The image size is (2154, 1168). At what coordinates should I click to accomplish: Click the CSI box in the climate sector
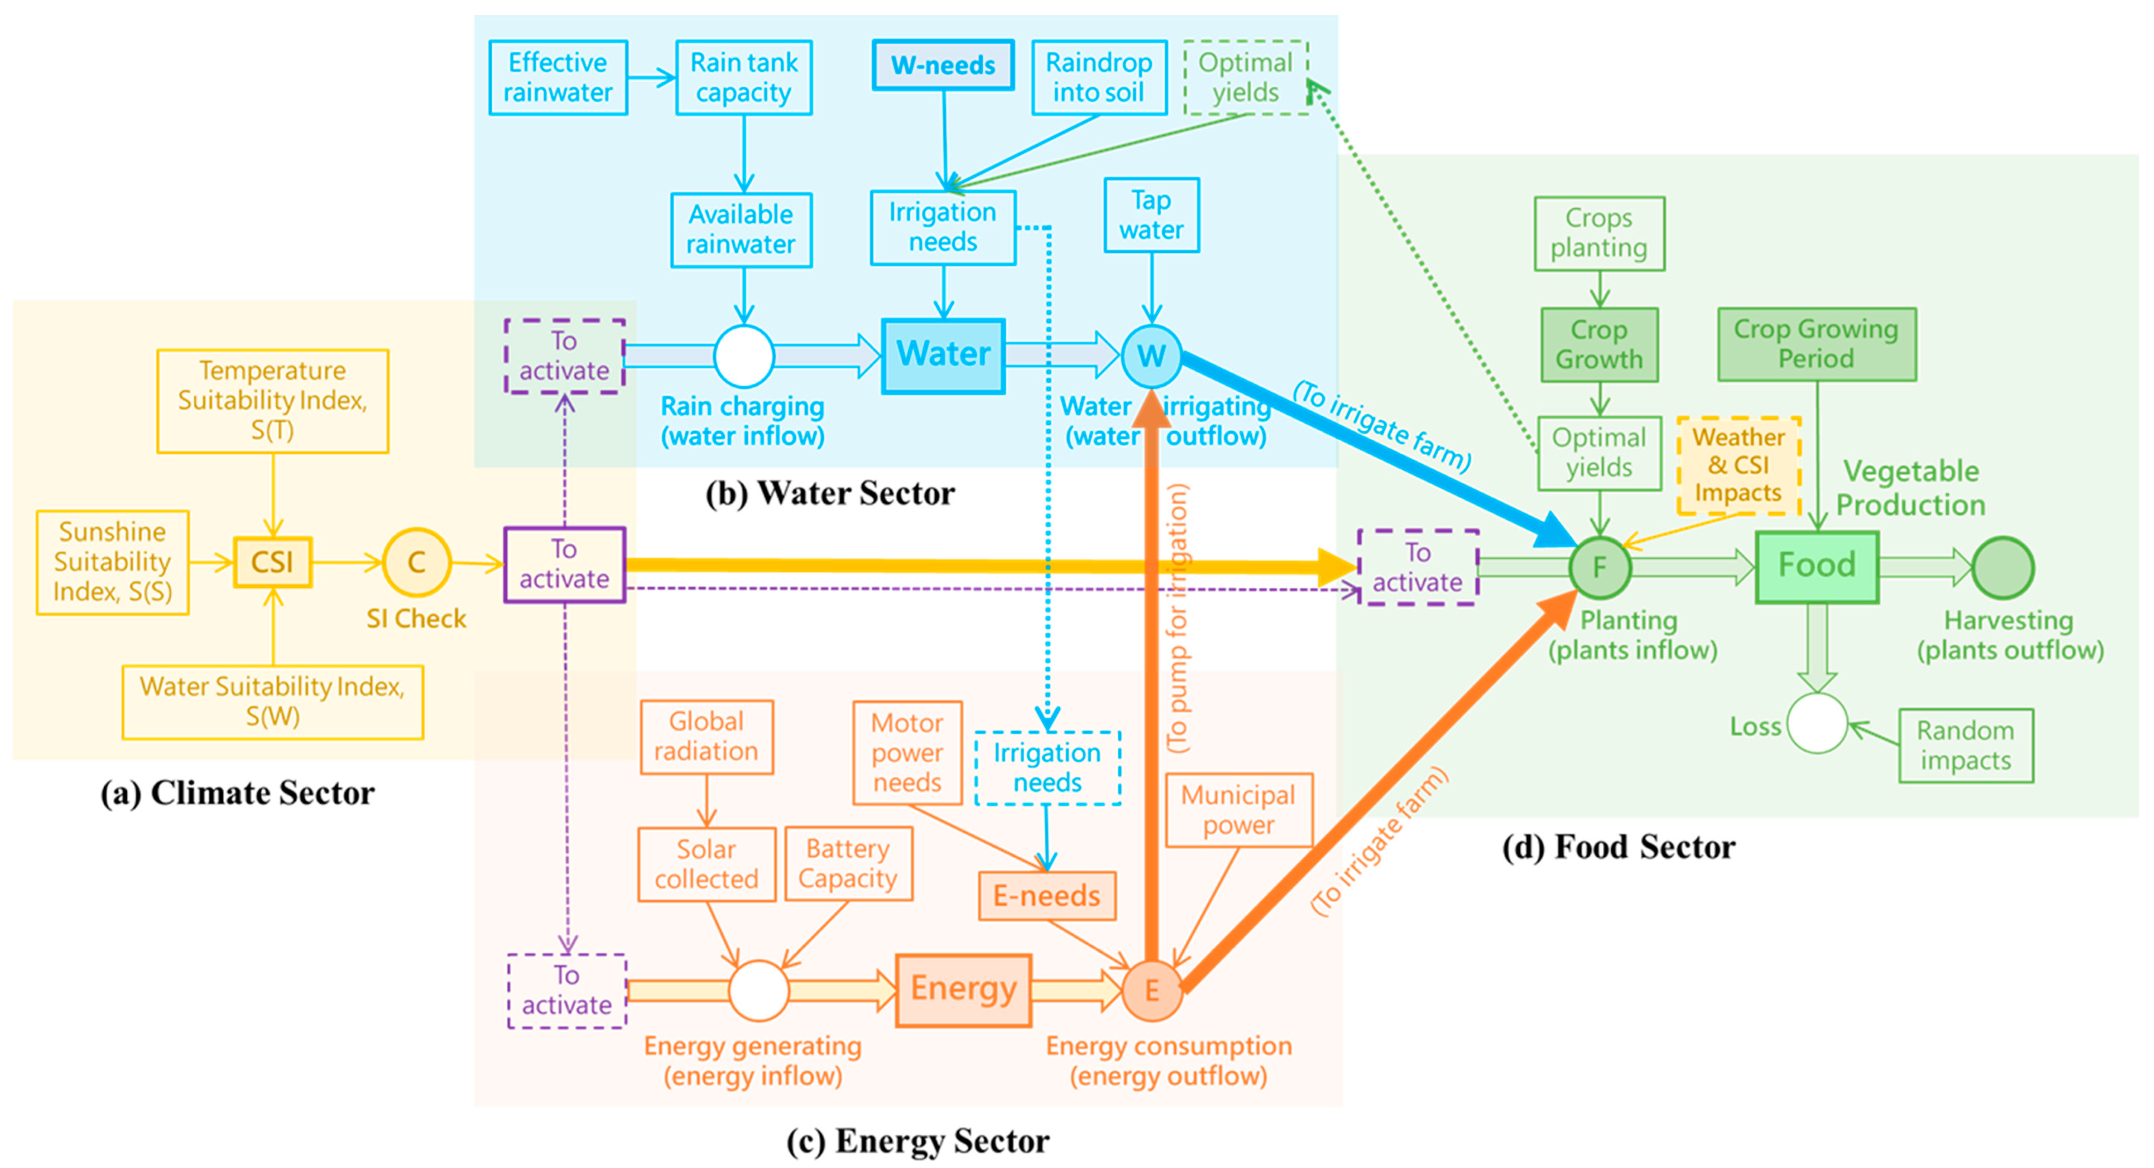[x=273, y=563]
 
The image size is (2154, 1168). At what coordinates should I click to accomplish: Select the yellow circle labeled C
[x=416, y=563]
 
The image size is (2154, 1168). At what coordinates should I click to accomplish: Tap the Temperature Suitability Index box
[x=273, y=400]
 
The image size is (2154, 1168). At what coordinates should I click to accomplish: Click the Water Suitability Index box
[x=273, y=701]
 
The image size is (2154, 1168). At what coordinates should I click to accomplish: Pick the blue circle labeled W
[x=1151, y=356]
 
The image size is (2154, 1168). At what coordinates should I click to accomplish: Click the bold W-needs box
[x=943, y=65]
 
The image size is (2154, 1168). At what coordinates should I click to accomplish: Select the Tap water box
[x=1151, y=215]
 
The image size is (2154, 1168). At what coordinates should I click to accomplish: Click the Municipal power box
[x=1238, y=809]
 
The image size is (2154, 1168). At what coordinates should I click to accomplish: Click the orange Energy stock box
[x=963, y=990]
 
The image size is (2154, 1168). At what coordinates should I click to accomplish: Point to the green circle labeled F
[x=1600, y=568]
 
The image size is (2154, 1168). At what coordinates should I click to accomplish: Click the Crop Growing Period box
[x=1816, y=343]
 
